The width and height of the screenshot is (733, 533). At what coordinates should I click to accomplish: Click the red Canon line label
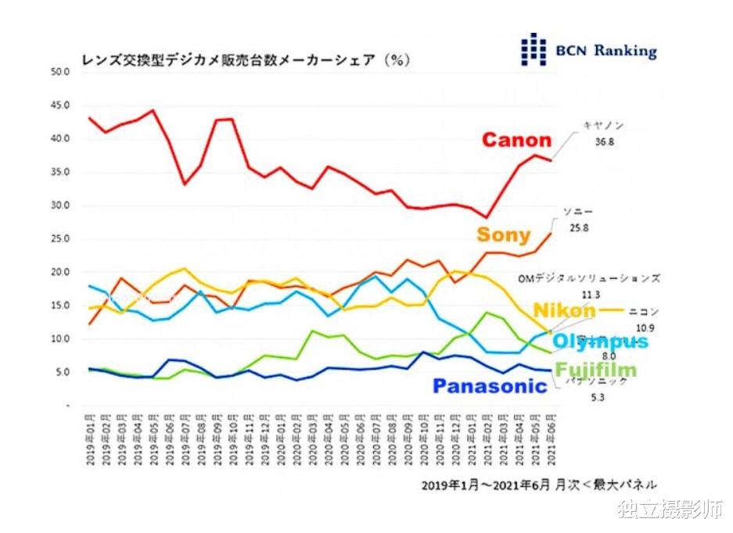[516, 141]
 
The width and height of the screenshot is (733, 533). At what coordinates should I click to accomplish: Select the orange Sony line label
[503, 234]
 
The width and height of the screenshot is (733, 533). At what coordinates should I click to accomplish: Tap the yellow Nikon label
[564, 311]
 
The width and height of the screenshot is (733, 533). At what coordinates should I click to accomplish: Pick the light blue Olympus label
[600, 342]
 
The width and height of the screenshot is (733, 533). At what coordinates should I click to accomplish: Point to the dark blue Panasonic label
[490, 386]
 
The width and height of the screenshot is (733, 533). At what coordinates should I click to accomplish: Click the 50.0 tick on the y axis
[61, 72]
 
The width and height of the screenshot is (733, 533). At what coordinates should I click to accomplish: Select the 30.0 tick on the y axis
[61, 206]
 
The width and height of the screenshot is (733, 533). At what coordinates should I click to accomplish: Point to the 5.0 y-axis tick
[63, 374]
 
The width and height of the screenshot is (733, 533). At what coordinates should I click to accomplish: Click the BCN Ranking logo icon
[534, 49]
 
